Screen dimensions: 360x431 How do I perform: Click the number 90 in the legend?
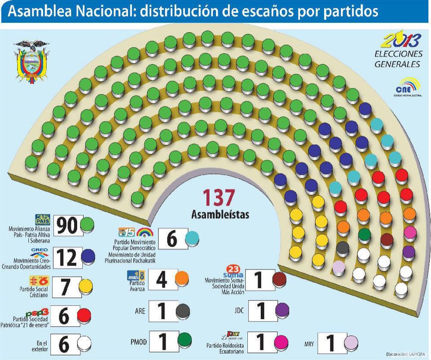[x=66, y=225]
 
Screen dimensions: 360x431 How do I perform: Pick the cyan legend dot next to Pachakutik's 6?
[x=192, y=238]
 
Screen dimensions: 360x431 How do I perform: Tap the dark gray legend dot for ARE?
[x=183, y=311]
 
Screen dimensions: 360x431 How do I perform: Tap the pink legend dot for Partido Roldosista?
[x=281, y=342]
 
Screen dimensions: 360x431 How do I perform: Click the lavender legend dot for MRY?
[x=351, y=344]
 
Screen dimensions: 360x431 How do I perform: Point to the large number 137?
[x=219, y=198]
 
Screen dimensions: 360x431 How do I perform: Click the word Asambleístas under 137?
[x=220, y=214]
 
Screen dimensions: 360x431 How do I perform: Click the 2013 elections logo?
[x=400, y=51]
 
